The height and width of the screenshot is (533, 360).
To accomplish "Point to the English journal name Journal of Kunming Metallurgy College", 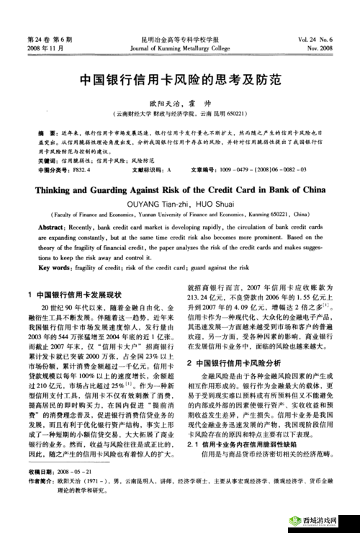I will click(179, 48).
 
